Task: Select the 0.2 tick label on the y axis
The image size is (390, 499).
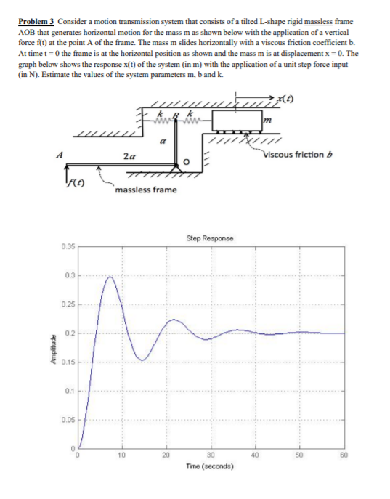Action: (69, 333)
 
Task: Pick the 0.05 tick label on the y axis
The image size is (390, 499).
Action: (67, 419)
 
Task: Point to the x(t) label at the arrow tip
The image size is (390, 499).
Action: (286, 97)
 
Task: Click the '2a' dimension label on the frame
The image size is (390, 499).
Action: (129, 155)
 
